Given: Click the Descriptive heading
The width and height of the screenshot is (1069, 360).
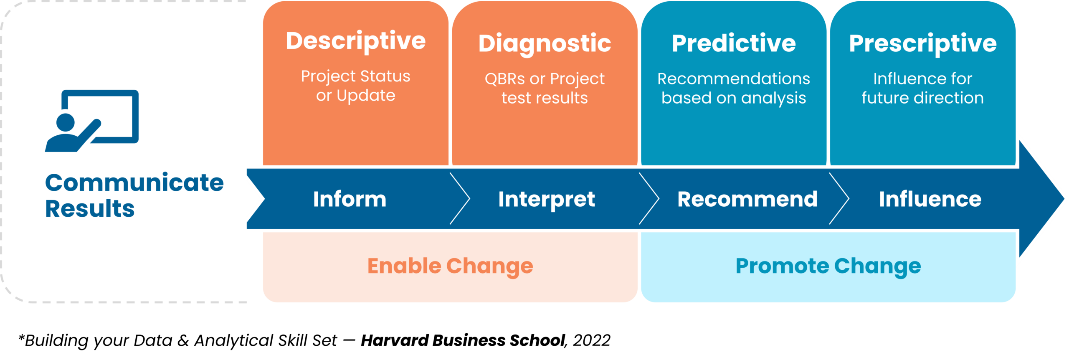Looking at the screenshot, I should [355, 41].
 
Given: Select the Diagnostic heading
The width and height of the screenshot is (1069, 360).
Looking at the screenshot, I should [545, 43].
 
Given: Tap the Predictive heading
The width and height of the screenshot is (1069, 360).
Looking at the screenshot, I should [734, 43].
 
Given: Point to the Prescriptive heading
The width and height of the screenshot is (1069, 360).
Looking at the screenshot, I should [923, 43].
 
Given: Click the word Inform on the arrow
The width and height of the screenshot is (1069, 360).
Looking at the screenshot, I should [350, 199].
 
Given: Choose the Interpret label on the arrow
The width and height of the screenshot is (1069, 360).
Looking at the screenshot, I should [546, 199].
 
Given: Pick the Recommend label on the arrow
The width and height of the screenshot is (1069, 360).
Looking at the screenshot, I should [747, 199].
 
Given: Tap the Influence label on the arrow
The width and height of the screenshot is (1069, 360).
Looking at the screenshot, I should [930, 199].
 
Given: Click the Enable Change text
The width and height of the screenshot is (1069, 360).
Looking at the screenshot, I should [450, 266].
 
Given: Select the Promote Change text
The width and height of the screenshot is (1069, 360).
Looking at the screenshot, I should [828, 266].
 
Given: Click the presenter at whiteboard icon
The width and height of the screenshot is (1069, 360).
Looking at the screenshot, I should [92, 121].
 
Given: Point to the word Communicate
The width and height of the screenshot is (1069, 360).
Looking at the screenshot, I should [134, 183].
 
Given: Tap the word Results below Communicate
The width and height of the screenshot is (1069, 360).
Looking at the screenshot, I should [90, 209].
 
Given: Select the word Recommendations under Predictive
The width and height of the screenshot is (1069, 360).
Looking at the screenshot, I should [734, 79].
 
